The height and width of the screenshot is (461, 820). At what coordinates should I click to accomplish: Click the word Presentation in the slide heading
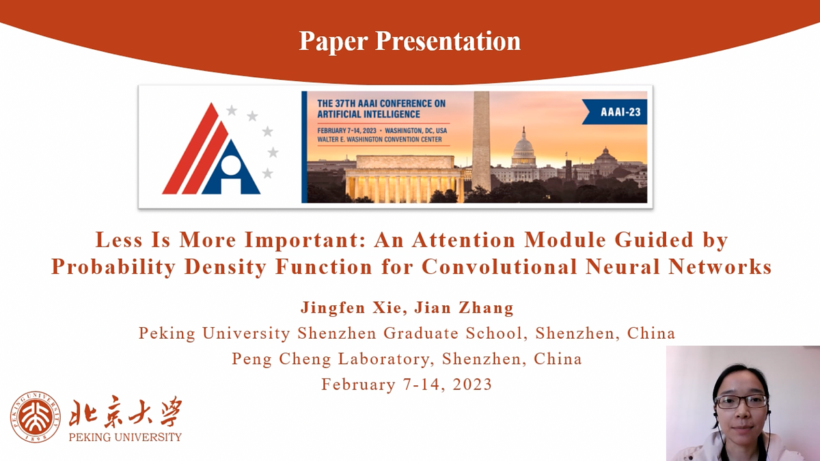click(448, 41)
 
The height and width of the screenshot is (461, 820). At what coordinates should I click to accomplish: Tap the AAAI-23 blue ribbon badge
click(615, 112)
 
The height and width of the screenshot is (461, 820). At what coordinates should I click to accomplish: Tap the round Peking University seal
click(36, 417)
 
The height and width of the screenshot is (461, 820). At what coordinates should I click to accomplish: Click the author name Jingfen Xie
click(351, 307)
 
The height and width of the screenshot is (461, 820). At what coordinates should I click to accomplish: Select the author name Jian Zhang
click(464, 307)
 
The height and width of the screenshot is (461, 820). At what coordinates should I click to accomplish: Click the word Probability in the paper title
click(113, 267)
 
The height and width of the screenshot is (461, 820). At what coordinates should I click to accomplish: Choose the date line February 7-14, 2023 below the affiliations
click(407, 385)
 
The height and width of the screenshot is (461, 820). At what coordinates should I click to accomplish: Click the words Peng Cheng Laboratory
click(331, 359)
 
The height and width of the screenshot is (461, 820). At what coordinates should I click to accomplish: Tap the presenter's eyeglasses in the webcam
click(741, 402)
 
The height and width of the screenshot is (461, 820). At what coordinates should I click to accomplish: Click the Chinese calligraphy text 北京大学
click(125, 412)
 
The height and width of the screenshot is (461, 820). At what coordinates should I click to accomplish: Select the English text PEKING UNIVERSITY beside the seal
click(125, 437)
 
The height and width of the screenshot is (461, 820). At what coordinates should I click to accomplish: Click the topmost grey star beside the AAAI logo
click(232, 110)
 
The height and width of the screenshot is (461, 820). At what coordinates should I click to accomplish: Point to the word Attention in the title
click(464, 240)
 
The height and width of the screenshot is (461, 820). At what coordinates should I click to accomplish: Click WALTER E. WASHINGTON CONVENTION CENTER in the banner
click(379, 139)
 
